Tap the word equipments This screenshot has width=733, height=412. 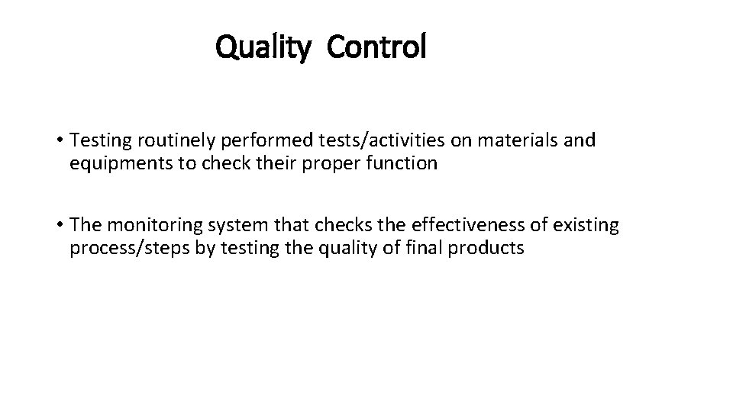point(113,164)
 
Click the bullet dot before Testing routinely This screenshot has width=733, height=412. point(59,141)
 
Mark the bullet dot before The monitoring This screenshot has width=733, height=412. point(59,225)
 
